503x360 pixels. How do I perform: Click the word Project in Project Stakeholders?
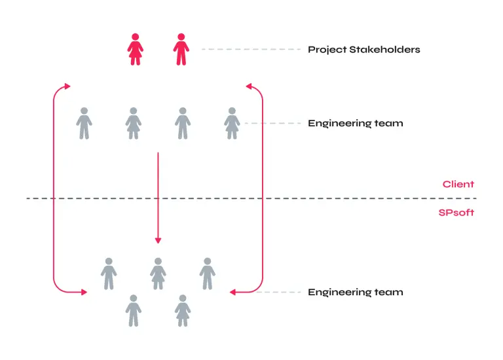pyautogui.click(x=326, y=50)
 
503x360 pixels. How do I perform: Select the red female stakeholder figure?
pyautogui.click(x=135, y=50)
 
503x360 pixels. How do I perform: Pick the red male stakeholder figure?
pyautogui.click(x=181, y=50)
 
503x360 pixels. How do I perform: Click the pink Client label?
pyautogui.click(x=458, y=185)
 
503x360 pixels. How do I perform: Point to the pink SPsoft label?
pyautogui.click(x=456, y=213)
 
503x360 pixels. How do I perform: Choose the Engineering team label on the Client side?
pyautogui.click(x=355, y=123)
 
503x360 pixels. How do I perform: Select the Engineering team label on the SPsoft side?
pyautogui.click(x=355, y=292)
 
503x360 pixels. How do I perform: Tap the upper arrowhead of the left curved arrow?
pyautogui.click(x=66, y=86)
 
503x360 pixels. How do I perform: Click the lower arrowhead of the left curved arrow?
pyautogui.click(x=83, y=292)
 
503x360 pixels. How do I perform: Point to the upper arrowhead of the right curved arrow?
pyautogui.click(x=248, y=86)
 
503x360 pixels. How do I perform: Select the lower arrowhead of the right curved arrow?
pyautogui.click(x=233, y=292)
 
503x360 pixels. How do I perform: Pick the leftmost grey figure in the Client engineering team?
pyautogui.click(x=84, y=123)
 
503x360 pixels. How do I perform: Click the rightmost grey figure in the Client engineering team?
pyautogui.click(x=232, y=123)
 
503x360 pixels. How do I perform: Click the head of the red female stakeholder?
pyautogui.click(x=135, y=37)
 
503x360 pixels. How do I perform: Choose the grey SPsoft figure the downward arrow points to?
pyautogui.click(x=158, y=273)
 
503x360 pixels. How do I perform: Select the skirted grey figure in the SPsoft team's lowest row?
pyautogui.click(x=183, y=310)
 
